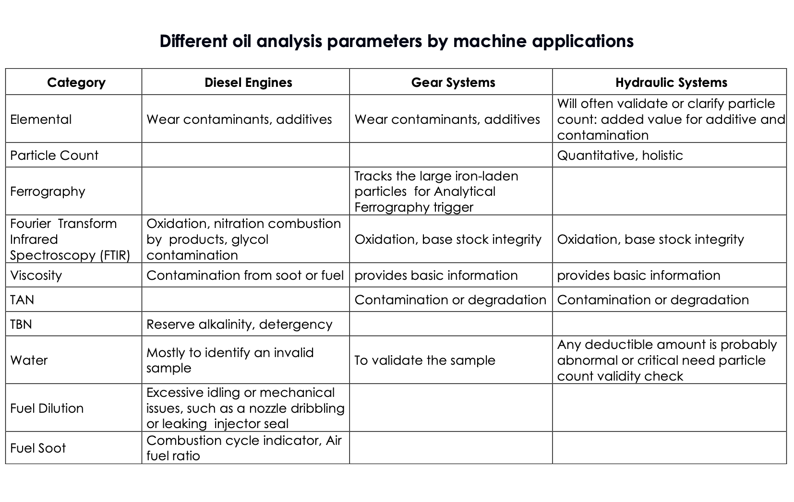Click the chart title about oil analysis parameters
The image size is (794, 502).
click(397, 41)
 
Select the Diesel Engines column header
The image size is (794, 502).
click(248, 83)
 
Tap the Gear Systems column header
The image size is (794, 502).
click(453, 83)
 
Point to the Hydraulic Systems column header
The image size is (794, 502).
click(671, 83)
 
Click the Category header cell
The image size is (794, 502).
click(76, 83)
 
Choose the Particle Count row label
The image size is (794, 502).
click(54, 155)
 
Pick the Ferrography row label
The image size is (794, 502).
click(48, 191)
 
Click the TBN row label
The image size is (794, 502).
click(21, 324)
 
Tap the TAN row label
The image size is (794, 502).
click(22, 300)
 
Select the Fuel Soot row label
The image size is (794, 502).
click(38, 448)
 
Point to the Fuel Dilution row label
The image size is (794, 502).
click(47, 408)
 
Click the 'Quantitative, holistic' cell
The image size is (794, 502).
click(620, 155)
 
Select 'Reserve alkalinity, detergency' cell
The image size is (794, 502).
click(239, 324)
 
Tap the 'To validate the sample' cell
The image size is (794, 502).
click(424, 360)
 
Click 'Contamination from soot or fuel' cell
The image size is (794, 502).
click(245, 275)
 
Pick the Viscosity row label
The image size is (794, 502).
click(36, 275)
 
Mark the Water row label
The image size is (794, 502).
click(29, 360)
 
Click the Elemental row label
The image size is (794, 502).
click(41, 120)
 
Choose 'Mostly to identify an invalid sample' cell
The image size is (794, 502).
click(230, 360)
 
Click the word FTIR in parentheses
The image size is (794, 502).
click(115, 255)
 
